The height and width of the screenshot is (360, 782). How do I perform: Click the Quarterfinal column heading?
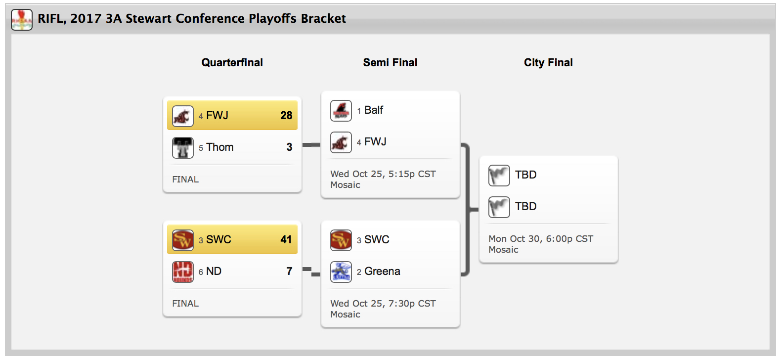[232, 63]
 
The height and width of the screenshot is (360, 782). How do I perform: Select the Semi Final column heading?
[390, 63]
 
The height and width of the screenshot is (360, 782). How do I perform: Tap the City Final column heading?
[548, 63]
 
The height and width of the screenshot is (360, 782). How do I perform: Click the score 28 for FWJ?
[286, 116]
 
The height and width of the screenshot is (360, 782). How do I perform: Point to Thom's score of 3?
[289, 147]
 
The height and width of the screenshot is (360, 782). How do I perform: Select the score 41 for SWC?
[286, 240]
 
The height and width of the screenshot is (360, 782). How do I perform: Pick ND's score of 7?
[289, 271]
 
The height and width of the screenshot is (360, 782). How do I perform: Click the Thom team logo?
[183, 147]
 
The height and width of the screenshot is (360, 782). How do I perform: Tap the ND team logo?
[183, 271]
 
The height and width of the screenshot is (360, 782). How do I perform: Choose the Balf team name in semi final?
[374, 110]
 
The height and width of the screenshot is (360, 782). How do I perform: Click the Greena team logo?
[341, 271]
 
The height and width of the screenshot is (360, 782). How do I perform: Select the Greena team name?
[382, 271]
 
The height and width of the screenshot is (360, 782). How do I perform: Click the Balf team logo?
[341, 110]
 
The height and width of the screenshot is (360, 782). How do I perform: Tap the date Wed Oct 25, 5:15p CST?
[383, 174]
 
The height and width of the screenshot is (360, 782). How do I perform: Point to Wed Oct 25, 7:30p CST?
[383, 304]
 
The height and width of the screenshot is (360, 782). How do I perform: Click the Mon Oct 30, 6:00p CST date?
[541, 239]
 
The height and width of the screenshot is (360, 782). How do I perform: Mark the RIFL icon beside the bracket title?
[22, 20]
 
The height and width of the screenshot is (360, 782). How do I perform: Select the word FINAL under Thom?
[185, 180]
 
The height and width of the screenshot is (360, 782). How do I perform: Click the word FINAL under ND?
[185, 304]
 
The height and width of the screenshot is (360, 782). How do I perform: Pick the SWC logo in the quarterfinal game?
[183, 240]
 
